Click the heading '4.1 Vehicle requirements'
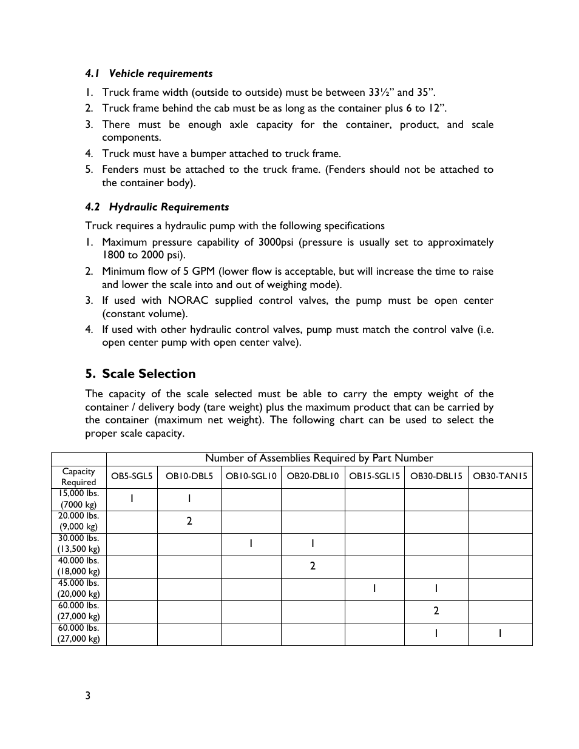click(149, 73)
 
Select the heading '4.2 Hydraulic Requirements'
click(157, 207)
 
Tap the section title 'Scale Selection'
click(148, 374)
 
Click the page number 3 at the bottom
click(88, 696)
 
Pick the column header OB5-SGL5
click(132, 476)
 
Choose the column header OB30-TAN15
click(499, 476)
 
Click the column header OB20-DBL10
click(313, 476)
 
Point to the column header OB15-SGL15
click(374, 476)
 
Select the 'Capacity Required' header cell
click(79, 477)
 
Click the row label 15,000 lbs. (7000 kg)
click(79, 499)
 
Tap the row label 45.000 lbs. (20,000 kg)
click(79, 589)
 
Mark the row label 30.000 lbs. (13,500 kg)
click(79, 544)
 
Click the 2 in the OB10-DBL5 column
click(189, 521)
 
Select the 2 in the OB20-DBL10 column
click(313, 566)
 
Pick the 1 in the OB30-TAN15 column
click(499, 633)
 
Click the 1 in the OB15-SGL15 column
click(374, 588)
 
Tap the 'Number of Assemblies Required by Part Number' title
click(319, 458)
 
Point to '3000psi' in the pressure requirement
click(276, 242)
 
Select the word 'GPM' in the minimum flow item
click(203, 271)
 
